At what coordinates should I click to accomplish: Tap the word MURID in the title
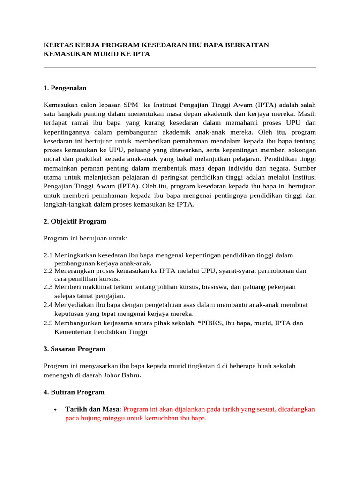tap(111, 54)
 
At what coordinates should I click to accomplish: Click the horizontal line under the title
tap(180, 67)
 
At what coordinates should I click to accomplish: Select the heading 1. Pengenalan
tap(65, 88)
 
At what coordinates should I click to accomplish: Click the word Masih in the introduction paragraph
tap(306, 113)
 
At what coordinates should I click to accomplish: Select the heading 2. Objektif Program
tap(75, 221)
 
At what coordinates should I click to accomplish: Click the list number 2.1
tap(48, 255)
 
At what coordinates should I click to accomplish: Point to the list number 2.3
tap(48, 286)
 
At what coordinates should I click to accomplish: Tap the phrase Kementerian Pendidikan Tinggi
tap(101, 332)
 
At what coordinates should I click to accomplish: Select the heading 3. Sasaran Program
tap(74, 349)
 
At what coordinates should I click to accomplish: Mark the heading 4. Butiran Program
tap(74, 392)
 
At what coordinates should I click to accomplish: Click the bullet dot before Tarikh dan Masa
tap(56, 410)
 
